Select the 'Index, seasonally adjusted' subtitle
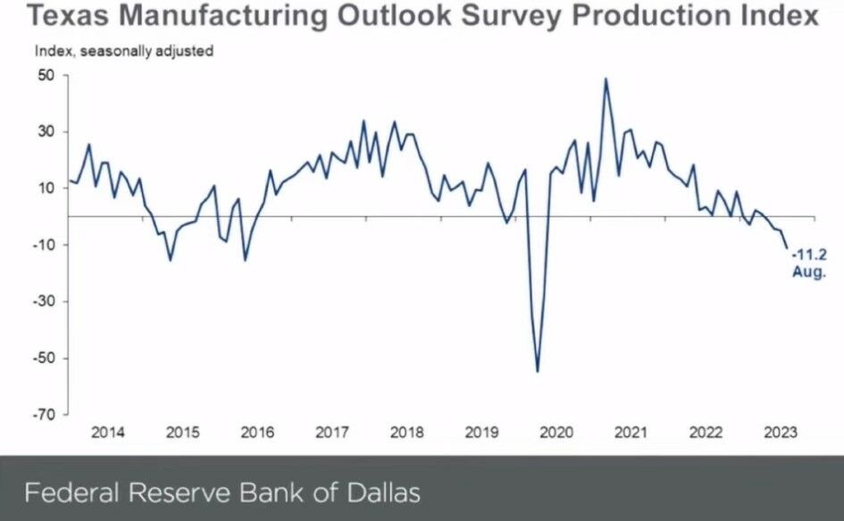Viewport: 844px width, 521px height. [124, 51]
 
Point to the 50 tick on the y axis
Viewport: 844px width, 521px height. [46, 76]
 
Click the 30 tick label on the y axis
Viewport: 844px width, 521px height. [46, 132]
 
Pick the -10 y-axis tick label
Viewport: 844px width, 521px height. [44, 245]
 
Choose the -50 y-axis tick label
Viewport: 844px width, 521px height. [44, 358]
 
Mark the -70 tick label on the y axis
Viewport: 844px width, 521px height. [44, 415]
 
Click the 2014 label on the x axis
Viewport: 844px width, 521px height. [108, 433]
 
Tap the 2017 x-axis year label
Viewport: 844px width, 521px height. [332, 433]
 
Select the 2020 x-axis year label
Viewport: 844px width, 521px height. [556, 433]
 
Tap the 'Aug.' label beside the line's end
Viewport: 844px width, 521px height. [809, 273]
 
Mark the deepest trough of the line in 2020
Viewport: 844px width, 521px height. [538, 371]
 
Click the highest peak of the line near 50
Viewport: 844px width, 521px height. [606, 79]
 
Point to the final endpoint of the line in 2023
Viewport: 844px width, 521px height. [787, 248]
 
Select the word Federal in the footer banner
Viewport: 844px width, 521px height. [69, 492]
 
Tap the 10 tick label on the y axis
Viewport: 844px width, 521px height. [46, 189]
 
